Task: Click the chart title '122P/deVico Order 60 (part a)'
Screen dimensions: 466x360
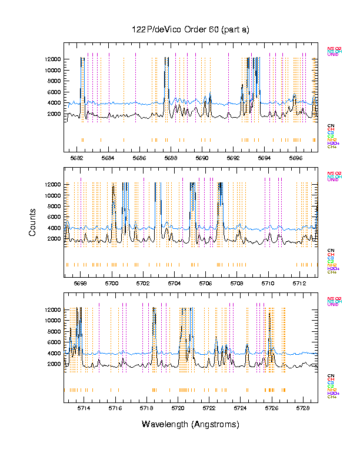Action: (x=191, y=29)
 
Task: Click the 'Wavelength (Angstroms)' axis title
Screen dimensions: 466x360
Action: (x=191, y=424)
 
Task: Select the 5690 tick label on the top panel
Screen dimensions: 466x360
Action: (x=202, y=158)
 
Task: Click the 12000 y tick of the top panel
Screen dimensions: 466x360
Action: (x=51, y=59)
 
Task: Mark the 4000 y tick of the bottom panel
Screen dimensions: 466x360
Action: (x=54, y=353)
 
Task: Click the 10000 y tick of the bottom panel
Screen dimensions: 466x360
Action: (x=51, y=321)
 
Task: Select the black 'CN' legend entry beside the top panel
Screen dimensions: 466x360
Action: (x=331, y=125)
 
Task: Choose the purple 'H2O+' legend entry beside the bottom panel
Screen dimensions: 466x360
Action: (x=333, y=393)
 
